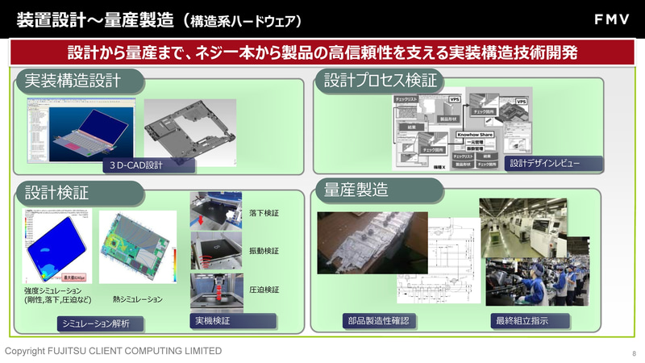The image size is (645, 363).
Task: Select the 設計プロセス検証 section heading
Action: (380, 81)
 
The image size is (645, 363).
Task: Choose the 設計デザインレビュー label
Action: (543, 163)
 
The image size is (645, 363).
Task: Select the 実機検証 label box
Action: (213, 321)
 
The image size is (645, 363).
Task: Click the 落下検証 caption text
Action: (264, 213)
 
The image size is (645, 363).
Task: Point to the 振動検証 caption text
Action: (264, 251)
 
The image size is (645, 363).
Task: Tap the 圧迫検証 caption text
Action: (264, 289)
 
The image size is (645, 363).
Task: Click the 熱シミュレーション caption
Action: (138, 299)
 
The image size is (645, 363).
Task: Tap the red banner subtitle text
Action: (322, 53)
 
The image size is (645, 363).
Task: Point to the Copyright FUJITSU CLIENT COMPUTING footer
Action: (114, 351)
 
